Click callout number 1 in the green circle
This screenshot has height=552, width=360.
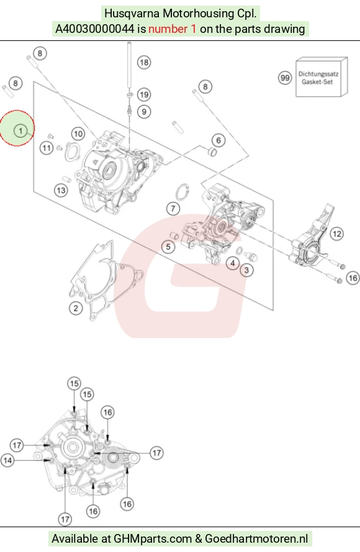point(20,131)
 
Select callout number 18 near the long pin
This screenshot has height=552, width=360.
point(144,62)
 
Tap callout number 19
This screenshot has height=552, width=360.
point(144,94)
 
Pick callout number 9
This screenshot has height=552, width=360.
point(144,112)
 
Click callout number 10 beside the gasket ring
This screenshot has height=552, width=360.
point(78,134)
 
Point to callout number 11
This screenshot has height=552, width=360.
point(47,148)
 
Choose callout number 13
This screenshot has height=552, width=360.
point(61,190)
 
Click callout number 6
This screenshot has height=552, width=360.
point(218,140)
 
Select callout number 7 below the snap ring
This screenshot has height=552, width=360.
point(173,209)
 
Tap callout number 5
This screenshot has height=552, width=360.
point(168,247)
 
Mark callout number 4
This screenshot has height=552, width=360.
point(233,263)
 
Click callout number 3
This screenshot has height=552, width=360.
point(246,270)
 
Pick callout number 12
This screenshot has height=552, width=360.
point(337,234)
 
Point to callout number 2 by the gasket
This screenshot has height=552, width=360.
point(76,308)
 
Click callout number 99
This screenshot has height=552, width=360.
point(285,78)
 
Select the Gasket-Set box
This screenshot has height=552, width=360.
point(322,77)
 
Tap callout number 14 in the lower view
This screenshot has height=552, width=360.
point(7,460)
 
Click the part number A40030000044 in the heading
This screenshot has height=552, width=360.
point(95,29)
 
